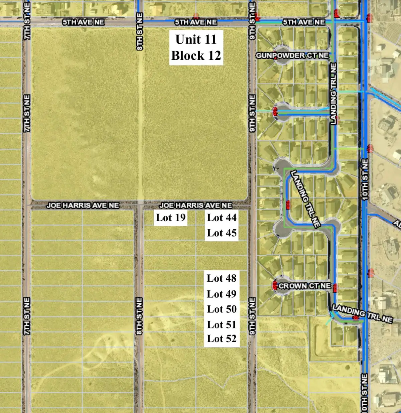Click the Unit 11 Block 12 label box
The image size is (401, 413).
(196, 47)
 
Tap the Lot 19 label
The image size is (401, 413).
(170, 218)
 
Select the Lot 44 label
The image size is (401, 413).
(222, 218)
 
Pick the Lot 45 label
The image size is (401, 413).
(222, 233)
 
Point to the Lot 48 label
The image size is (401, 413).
(222, 278)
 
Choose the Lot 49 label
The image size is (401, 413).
(222, 294)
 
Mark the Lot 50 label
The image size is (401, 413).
(222, 309)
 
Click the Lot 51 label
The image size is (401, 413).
(222, 324)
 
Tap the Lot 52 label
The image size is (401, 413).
(222, 338)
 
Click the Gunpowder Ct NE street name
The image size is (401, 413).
(292, 55)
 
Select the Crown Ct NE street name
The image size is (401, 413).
(304, 286)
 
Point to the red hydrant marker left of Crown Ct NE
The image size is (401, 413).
(275, 286)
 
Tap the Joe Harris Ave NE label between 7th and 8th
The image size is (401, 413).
(83, 205)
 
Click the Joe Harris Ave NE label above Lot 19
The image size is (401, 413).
(195, 205)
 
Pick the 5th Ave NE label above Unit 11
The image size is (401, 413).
(196, 22)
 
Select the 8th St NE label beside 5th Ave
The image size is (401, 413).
(140, 32)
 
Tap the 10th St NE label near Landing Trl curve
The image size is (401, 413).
(365, 179)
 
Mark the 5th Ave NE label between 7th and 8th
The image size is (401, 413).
(83, 22)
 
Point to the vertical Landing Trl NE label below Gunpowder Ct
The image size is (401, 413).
(333, 94)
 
